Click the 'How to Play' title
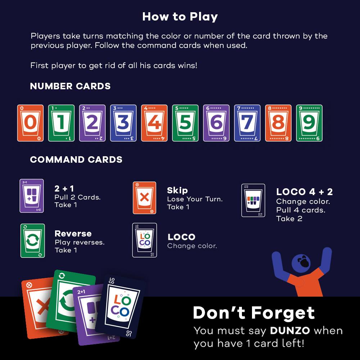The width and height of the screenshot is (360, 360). click(x=180, y=17)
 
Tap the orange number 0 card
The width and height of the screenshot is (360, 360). click(x=30, y=123)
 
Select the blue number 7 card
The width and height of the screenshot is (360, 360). click(x=247, y=123)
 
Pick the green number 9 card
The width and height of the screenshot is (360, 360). click(x=309, y=123)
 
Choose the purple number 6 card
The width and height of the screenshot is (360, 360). click(x=216, y=123)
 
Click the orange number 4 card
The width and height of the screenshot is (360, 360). click(x=154, y=123)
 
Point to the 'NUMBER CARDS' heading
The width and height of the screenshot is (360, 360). click(x=70, y=86)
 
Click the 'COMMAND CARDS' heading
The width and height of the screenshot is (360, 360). click(x=76, y=160)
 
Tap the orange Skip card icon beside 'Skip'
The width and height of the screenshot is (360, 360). click(x=145, y=198)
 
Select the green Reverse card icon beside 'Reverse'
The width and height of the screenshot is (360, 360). click(x=33, y=240)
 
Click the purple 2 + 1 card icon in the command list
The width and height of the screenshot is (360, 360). click(x=32, y=195)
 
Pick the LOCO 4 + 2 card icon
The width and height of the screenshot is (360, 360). click(x=253, y=200)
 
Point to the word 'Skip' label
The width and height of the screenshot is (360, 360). click(x=177, y=190)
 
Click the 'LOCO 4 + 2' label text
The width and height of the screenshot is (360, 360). click(x=304, y=192)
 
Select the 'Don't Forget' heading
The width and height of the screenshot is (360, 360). click(x=254, y=313)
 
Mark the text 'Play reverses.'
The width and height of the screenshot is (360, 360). click(x=79, y=242)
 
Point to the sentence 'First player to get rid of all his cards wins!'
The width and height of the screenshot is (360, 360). click(x=114, y=66)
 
